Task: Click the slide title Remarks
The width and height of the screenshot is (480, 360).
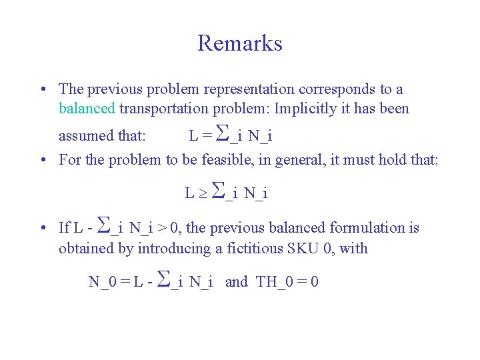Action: [x=240, y=43]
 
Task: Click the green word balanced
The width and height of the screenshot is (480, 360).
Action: [x=87, y=109]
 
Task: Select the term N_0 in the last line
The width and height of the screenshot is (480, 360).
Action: [x=101, y=281]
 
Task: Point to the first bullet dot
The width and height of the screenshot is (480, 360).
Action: [x=42, y=89]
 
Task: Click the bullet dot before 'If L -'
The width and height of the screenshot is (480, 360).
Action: [x=42, y=228]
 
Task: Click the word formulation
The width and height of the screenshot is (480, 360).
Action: [x=368, y=228]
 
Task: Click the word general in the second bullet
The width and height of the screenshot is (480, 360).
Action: [x=309, y=160]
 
